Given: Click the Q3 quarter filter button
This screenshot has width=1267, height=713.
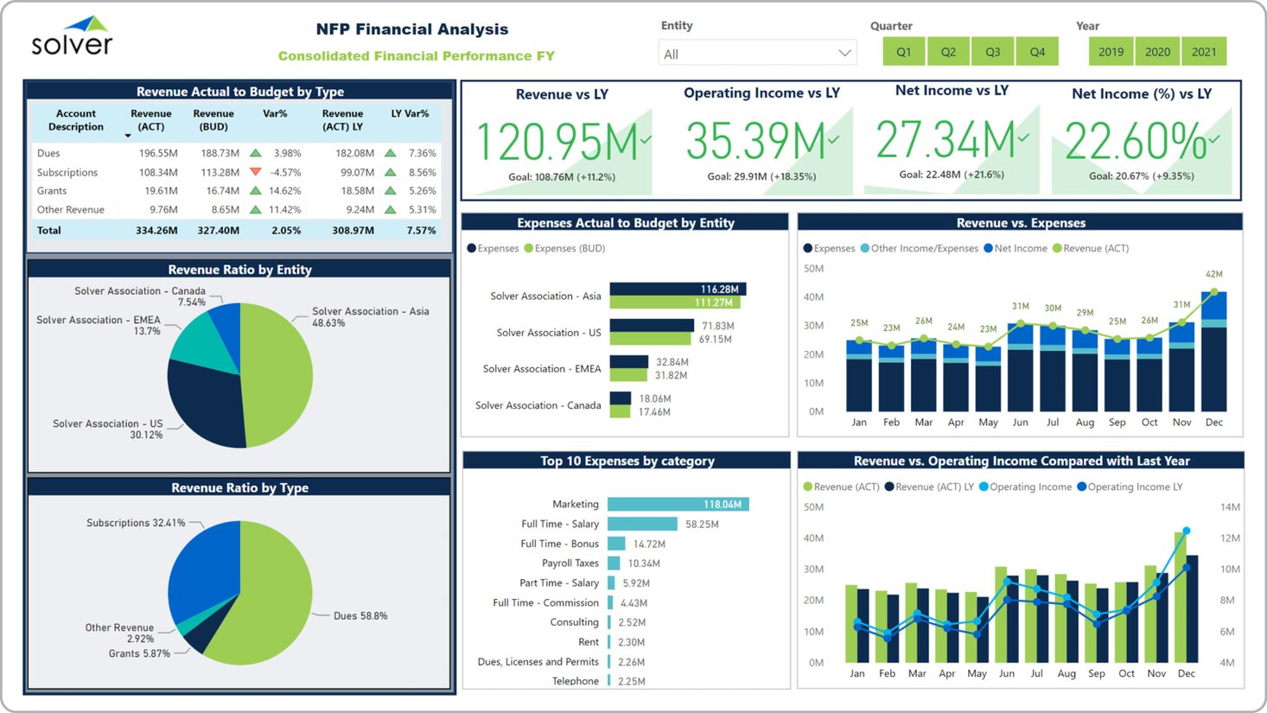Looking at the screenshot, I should [x=992, y=52].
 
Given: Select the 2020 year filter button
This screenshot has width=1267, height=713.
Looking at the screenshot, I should [x=1157, y=52].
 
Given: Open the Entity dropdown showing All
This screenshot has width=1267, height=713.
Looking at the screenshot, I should [x=757, y=54].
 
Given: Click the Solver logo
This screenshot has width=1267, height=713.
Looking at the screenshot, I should [x=73, y=37].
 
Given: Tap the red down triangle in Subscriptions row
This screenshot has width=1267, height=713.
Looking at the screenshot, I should [x=255, y=172].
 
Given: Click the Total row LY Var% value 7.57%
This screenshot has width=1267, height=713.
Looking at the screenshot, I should [x=422, y=231].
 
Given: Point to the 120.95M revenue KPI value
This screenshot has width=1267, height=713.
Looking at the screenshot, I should [x=557, y=142].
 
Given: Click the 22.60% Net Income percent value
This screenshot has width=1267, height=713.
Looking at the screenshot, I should [x=1135, y=142].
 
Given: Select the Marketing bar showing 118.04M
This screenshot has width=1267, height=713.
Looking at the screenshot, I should [x=678, y=505].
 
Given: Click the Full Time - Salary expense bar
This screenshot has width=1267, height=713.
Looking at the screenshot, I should [x=642, y=524].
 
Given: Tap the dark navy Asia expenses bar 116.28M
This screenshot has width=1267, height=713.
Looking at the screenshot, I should [x=678, y=290].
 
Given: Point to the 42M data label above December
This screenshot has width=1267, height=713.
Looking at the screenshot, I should [x=1213, y=274].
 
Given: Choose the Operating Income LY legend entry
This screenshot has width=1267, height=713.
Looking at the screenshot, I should [x=1129, y=487].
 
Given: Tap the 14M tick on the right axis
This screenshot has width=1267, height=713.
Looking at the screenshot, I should [x=1230, y=507].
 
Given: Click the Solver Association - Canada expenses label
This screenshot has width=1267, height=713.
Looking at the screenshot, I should [x=538, y=405].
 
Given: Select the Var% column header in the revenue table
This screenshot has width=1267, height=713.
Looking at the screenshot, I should [x=275, y=114].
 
